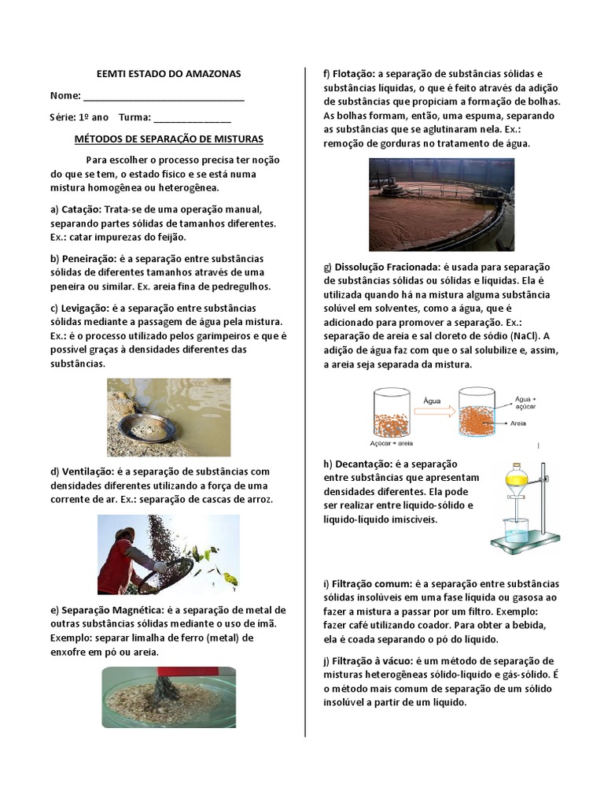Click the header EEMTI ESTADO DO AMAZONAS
click(x=168, y=74)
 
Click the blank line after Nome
click(x=163, y=97)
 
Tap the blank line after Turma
click(x=192, y=118)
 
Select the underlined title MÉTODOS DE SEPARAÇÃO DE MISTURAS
click(x=168, y=139)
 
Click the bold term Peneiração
click(x=87, y=259)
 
